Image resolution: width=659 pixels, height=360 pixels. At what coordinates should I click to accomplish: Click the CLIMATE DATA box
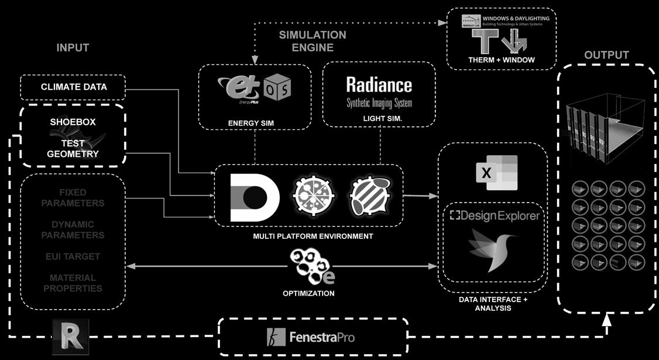[74, 87]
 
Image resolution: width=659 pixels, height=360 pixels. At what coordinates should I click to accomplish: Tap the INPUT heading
[73, 47]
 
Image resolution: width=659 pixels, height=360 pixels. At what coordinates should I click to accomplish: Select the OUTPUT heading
[606, 55]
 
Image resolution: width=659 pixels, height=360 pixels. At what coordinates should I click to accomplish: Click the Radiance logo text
[379, 85]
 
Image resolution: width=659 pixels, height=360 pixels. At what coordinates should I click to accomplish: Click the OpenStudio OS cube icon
[277, 88]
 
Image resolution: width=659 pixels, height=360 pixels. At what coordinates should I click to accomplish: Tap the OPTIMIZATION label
[308, 293]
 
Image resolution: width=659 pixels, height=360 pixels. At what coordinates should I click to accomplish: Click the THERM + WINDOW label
[502, 60]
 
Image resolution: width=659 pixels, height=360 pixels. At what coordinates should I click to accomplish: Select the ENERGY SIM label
[250, 123]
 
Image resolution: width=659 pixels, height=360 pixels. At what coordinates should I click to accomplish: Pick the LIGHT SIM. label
[379, 118]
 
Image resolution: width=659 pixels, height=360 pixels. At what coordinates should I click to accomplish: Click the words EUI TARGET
[73, 256]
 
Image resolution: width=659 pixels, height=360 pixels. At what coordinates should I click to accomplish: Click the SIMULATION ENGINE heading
[313, 41]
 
